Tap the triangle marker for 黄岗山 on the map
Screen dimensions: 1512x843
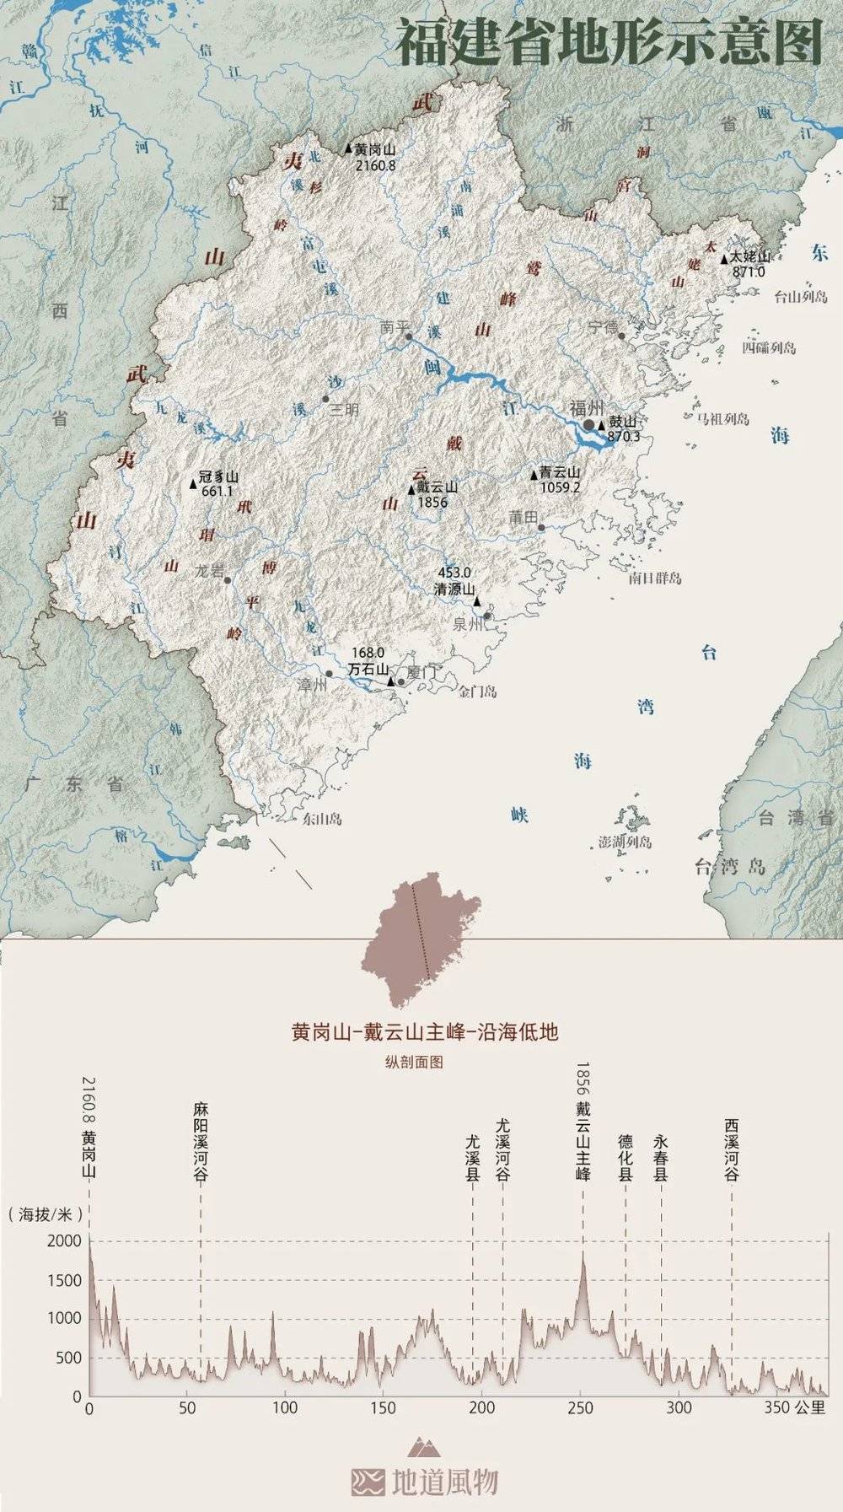pos(349,148)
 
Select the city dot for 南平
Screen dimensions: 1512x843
pos(409,336)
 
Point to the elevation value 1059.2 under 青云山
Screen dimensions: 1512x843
pos(561,487)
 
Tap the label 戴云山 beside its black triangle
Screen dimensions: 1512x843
pos(438,487)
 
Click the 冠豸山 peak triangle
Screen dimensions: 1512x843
pos(193,484)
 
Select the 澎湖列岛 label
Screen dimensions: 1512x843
pos(625,842)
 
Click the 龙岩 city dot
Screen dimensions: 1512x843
pos(227,580)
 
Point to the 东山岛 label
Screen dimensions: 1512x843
pos(322,818)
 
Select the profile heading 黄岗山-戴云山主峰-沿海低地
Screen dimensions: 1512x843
pos(425,1032)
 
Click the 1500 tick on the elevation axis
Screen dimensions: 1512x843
pos(66,1280)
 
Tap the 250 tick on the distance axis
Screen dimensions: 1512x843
pos(581,1407)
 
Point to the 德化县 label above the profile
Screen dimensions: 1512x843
pos(626,1157)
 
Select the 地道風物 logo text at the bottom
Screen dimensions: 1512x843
pos(444,1482)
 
